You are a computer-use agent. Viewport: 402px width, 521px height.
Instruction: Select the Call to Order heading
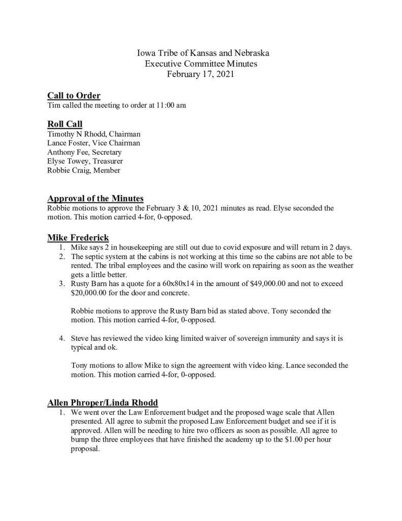click(74, 96)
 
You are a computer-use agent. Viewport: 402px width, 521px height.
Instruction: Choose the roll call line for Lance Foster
click(94, 143)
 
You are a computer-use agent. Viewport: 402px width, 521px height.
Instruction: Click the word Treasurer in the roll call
click(105, 161)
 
